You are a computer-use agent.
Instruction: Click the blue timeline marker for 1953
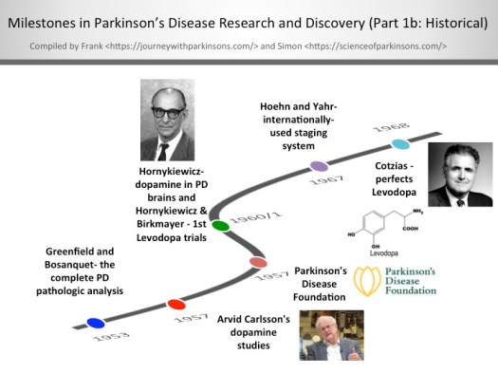[x=95, y=323]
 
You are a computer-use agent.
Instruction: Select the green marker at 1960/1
[x=220, y=226]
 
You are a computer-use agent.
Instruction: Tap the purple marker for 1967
[x=320, y=166]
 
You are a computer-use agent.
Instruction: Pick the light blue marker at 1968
[x=400, y=144]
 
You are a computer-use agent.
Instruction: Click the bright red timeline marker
[x=175, y=305]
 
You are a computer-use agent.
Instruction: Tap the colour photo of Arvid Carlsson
[x=332, y=336]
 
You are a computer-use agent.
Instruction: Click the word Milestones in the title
[x=58, y=22]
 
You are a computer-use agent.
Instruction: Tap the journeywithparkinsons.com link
[x=195, y=45]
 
